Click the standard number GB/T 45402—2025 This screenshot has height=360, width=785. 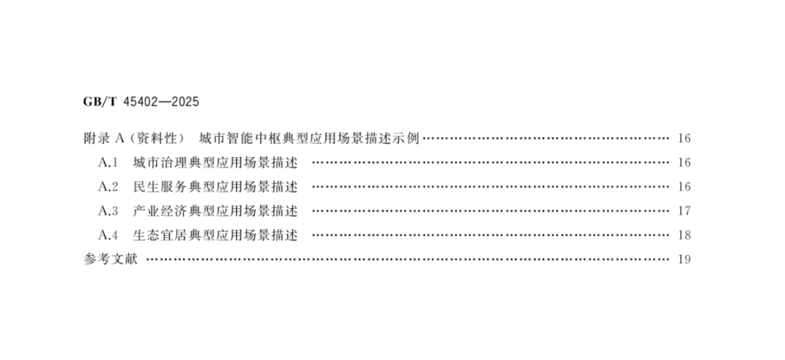click(x=141, y=100)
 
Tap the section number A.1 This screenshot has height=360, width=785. click(x=108, y=162)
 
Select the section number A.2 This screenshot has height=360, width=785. click(x=108, y=187)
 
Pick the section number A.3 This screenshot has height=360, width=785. click(x=108, y=211)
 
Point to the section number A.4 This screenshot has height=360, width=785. click(x=108, y=235)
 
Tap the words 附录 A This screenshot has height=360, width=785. click(x=106, y=138)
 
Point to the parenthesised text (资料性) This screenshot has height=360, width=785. click(x=159, y=138)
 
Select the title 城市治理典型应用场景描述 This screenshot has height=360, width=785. click(x=216, y=162)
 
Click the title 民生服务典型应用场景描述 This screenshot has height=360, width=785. click(x=216, y=187)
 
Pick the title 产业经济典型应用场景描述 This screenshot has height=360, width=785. click(x=216, y=211)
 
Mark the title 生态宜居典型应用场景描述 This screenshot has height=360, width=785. click(x=216, y=235)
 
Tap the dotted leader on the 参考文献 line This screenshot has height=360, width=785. click(x=407, y=260)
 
